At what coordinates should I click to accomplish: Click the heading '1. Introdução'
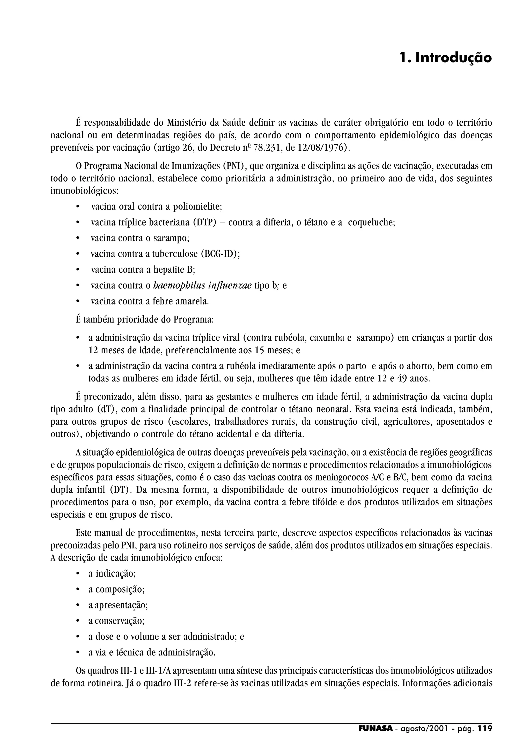pos(445,58)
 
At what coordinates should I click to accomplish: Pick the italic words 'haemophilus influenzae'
pos(202,285)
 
